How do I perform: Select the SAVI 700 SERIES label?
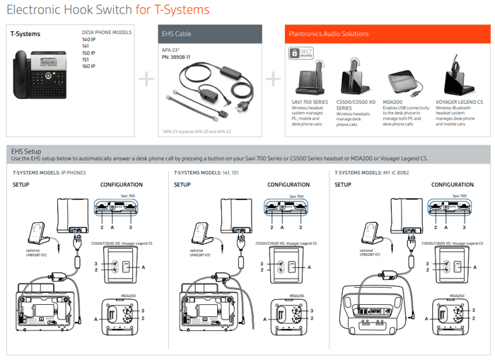tap(310, 102)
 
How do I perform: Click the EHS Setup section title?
tap(26, 151)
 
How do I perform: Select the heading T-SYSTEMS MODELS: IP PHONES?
tap(49, 172)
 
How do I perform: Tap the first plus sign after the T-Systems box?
tap(146, 79)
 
